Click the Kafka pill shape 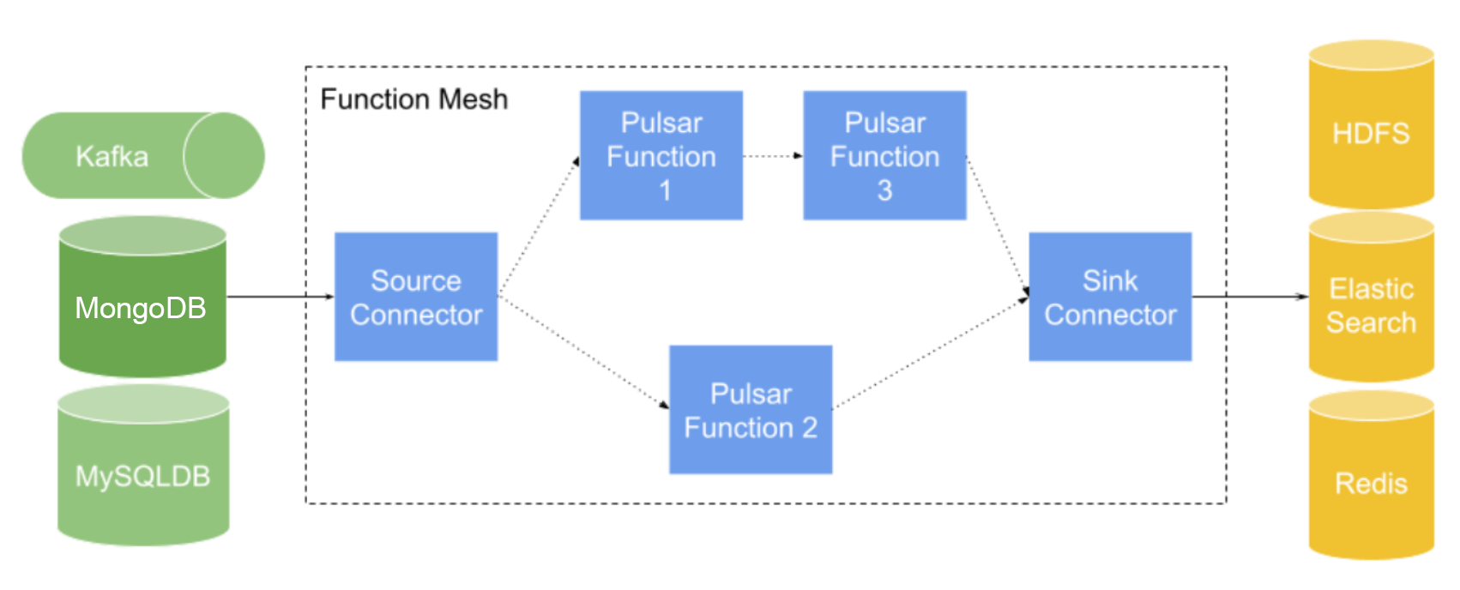click(x=112, y=156)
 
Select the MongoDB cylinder click(x=142, y=307)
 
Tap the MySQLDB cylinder click(x=142, y=476)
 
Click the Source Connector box click(x=416, y=297)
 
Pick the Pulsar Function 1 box click(x=661, y=156)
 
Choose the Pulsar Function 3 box click(x=884, y=156)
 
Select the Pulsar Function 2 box click(x=751, y=410)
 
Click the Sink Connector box click(x=1110, y=297)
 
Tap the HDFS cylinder click(x=1371, y=134)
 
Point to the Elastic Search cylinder click(x=1371, y=305)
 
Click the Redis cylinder click(x=1371, y=484)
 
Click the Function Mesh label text click(x=414, y=99)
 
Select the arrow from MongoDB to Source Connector click(x=280, y=297)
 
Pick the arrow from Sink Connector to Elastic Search click(x=1250, y=297)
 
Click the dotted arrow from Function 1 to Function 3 click(x=773, y=156)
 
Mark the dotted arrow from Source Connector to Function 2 click(x=583, y=352)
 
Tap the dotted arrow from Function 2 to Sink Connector click(x=931, y=352)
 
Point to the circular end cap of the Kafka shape click(x=223, y=156)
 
